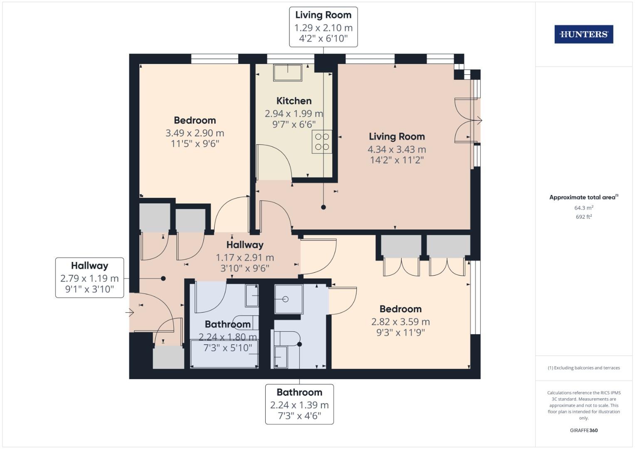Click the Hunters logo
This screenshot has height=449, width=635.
[x=583, y=34]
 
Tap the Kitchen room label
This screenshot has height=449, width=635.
[x=294, y=101]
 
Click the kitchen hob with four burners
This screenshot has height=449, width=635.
[x=322, y=142]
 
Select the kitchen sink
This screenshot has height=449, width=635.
[x=288, y=73]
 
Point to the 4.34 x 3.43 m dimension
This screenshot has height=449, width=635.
[x=396, y=149]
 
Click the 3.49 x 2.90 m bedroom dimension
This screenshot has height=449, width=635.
[x=195, y=133]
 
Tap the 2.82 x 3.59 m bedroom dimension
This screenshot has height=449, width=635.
[x=400, y=322]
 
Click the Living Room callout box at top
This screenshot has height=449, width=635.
[x=323, y=27]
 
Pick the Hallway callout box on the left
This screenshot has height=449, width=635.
[x=89, y=277]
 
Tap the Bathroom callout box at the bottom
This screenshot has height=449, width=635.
[x=299, y=404]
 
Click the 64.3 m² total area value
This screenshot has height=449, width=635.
[x=583, y=208]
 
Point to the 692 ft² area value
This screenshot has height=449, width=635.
[x=583, y=217]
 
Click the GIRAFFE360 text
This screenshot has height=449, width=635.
[x=583, y=430]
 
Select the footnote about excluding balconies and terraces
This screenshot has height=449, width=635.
[x=583, y=368]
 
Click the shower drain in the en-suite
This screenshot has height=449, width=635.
[x=286, y=299]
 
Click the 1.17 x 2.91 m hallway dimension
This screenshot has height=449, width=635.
[x=245, y=258]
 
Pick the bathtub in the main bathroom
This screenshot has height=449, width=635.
[x=225, y=354]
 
